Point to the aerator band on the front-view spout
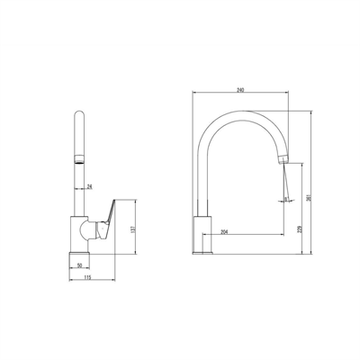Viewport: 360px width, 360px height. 78,160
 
